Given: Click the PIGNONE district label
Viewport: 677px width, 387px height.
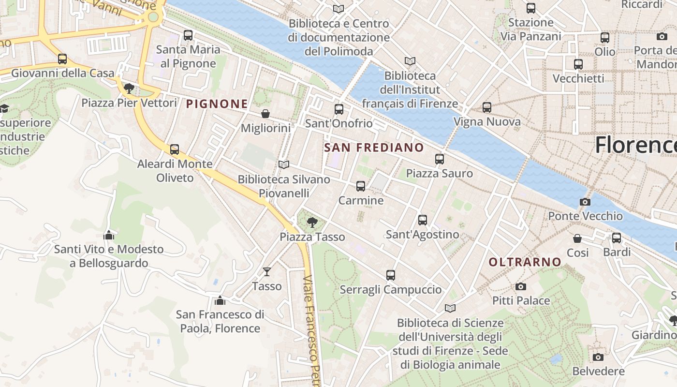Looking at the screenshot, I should pos(217,104).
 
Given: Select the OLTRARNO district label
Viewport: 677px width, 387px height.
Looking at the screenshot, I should pos(525,262).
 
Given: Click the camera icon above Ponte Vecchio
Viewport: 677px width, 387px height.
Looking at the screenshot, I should pos(585,202).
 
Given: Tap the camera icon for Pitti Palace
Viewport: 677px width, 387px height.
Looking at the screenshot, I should pos(521,286).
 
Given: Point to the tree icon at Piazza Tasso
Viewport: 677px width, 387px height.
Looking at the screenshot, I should pos(312,223).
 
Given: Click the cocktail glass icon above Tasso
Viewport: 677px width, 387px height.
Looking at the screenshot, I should pos(266,272).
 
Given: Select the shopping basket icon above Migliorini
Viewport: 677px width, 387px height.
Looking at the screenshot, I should pos(265,114).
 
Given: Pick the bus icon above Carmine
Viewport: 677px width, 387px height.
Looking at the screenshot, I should pos(361,186).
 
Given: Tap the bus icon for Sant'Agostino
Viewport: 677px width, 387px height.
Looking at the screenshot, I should pos(423,220).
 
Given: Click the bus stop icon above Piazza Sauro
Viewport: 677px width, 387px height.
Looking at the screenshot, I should pos(440,159).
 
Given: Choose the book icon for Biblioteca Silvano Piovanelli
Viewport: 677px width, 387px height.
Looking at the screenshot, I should pos(284,165).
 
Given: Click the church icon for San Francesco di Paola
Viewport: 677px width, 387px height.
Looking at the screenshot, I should pos(220,300).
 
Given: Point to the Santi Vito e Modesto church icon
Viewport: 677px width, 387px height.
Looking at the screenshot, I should pos(109,235).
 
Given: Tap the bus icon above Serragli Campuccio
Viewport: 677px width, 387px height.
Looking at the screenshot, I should pos(391,275).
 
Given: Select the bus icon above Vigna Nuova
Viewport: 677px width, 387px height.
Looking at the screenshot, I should pos(487,107).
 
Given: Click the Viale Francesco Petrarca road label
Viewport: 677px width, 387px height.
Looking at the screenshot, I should pos(312,329).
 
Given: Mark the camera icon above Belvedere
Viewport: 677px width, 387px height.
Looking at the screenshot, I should pos(598,357).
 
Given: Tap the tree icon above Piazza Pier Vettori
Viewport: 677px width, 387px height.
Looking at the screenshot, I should pos(129,88).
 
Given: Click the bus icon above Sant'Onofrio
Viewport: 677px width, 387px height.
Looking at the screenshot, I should pos(339,109).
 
